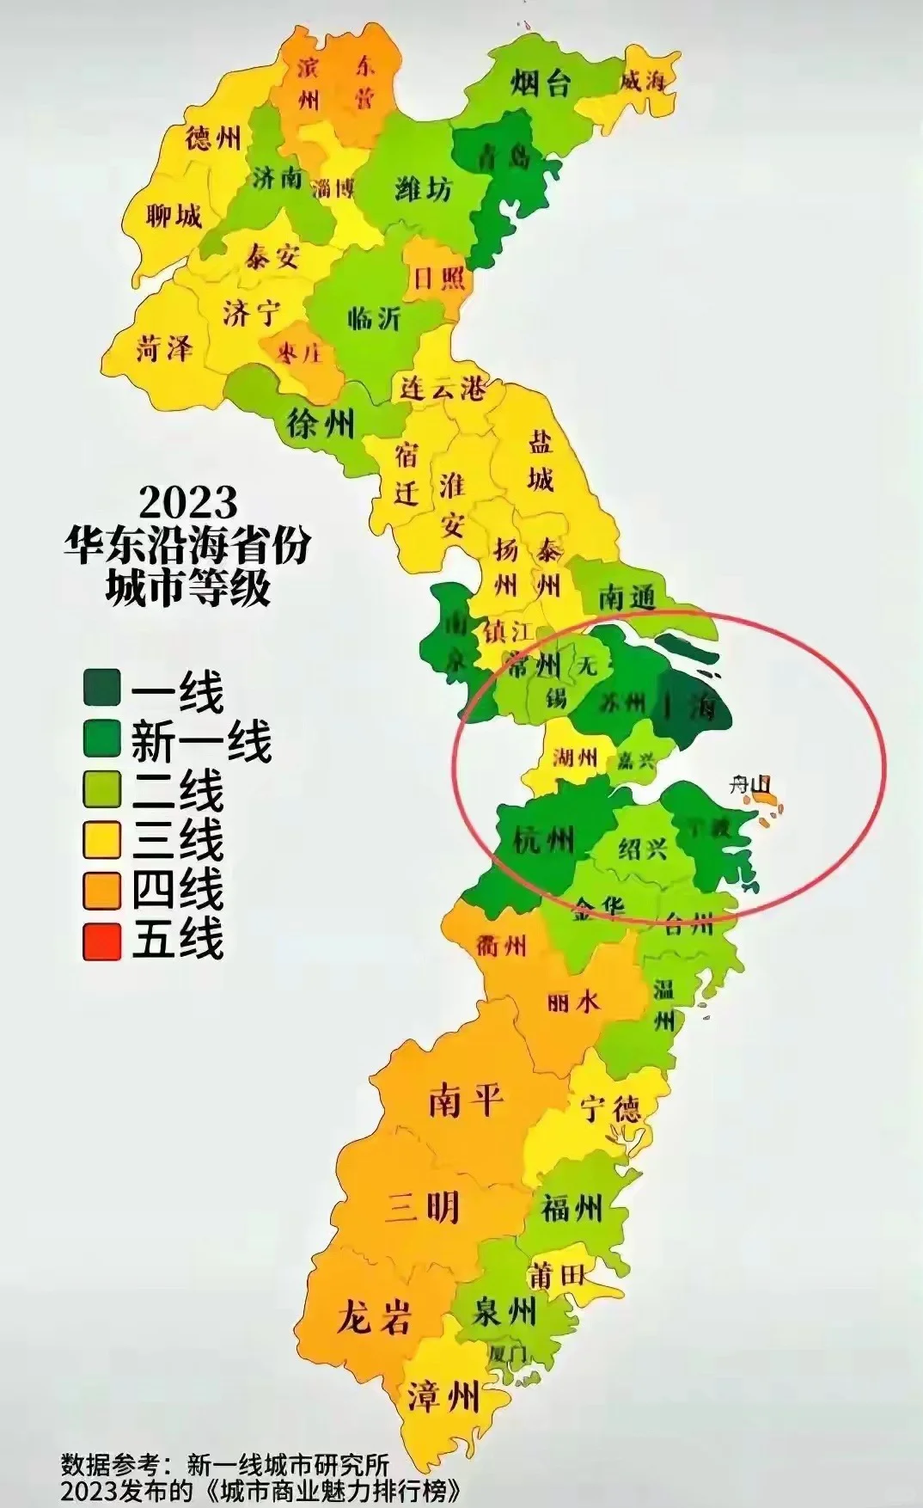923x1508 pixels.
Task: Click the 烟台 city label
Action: (x=541, y=83)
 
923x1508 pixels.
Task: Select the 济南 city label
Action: (x=278, y=178)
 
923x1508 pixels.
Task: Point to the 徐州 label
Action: (x=321, y=423)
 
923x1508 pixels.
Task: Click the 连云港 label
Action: (x=443, y=389)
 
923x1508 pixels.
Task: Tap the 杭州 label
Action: (x=543, y=837)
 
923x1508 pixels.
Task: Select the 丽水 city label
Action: (x=573, y=1001)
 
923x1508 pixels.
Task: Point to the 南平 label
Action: (x=465, y=1099)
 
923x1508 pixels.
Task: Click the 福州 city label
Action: (x=572, y=1209)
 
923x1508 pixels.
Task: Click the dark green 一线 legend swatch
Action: (x=101, y=689)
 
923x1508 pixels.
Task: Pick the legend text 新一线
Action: (x=201, y=741)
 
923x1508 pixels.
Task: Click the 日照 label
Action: (x=439, y=279)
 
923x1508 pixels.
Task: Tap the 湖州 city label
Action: (x=575, y=757)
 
